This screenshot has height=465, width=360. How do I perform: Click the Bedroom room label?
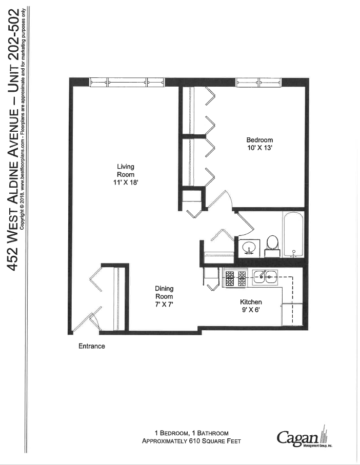tap(259, 140)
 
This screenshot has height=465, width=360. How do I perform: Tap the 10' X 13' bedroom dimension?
tap(259, 148)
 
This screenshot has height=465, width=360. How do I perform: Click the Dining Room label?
tap(164, 292)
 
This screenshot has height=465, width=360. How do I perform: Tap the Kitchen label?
tap(251, 302)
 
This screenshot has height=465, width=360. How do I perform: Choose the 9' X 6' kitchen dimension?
tap(251, 310)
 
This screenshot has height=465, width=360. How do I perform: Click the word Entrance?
tap(92, 346)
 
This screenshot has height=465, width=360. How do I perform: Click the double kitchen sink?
tap(264, 277)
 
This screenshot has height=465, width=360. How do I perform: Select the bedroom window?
tap(258, 82)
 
